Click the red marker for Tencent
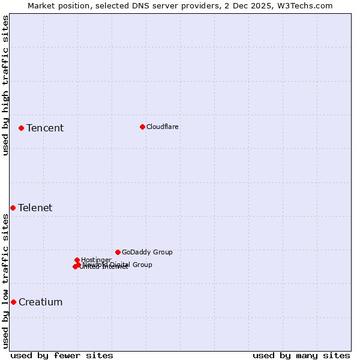coord(21,128)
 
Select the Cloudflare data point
coord(142,127)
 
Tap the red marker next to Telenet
coord(13,208)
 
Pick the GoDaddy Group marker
coord(118,252)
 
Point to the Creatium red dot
coord(13,302)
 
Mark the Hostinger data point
coord(77,260)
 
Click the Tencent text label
coord(45,128)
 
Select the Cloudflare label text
coord(163,127)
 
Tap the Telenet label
coord(35,208)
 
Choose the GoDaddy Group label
coord(147,252)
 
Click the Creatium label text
coord(41,302)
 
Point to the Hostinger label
coord(97,260)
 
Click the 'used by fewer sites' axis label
coord(62,355)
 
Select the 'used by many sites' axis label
coord(301,355)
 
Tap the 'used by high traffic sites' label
coord(5,85)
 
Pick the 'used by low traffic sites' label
coord(5,281)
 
